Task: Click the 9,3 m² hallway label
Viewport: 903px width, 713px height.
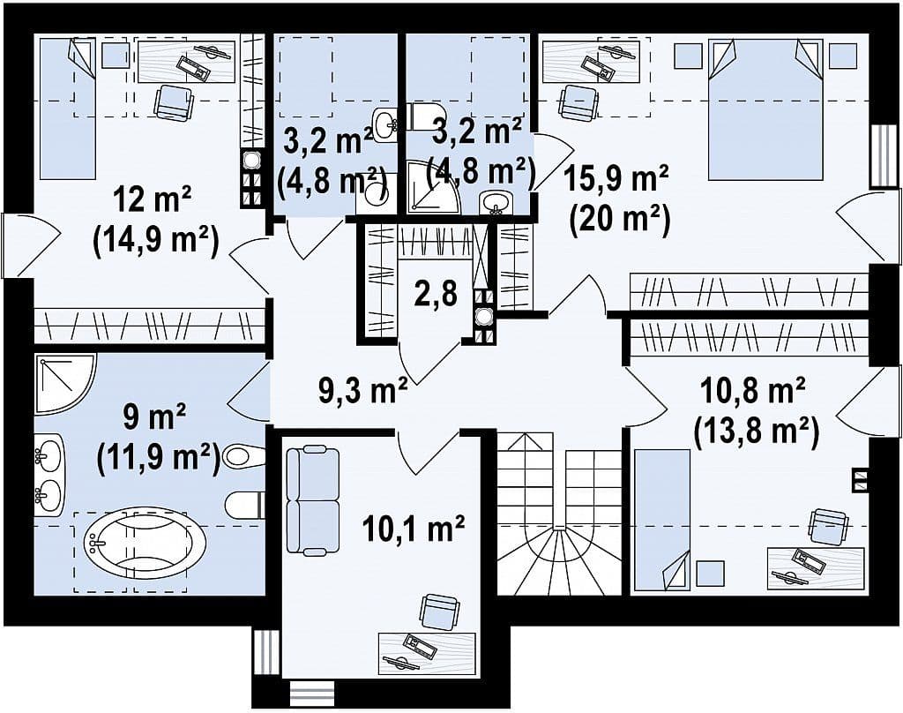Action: pos(362,390)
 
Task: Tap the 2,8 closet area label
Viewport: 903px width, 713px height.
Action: pos(437,293)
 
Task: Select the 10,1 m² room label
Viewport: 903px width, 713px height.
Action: pos(414,529)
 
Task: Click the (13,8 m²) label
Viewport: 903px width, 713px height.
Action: pos(756,433)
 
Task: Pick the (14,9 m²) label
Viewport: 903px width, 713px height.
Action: pos(155,242)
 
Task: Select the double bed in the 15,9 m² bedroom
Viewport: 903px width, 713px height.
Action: pos(765,109)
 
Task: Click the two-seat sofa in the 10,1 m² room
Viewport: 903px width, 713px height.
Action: pos(313,501)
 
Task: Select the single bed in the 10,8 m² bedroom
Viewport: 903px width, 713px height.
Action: pos(661,520)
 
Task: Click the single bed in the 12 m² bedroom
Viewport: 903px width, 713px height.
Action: pos(67,109)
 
